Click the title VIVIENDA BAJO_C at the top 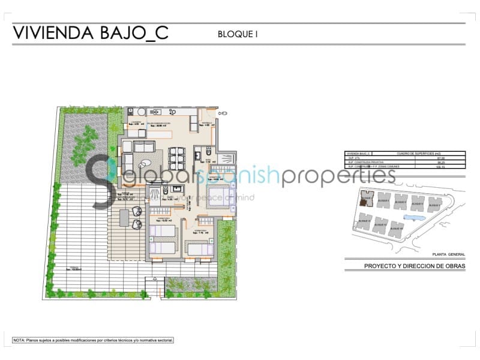[x=91, y=32]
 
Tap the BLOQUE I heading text [x=238, y=34]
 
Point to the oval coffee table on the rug [x=146, y=162]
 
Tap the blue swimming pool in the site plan [x=413, y=217]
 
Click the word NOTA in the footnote [x=19, y=340]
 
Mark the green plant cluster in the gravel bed [x=84, y=145]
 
